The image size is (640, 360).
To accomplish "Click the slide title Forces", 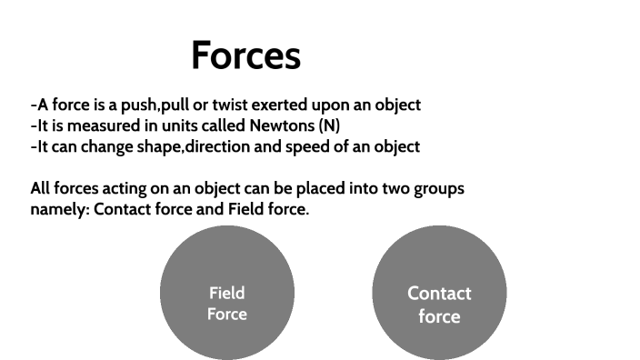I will coord(245,55).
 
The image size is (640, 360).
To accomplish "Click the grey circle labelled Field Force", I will coord(227,293).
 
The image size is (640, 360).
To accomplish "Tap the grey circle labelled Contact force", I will coord(439,293).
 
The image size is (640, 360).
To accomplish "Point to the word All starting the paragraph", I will coord(41,189).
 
